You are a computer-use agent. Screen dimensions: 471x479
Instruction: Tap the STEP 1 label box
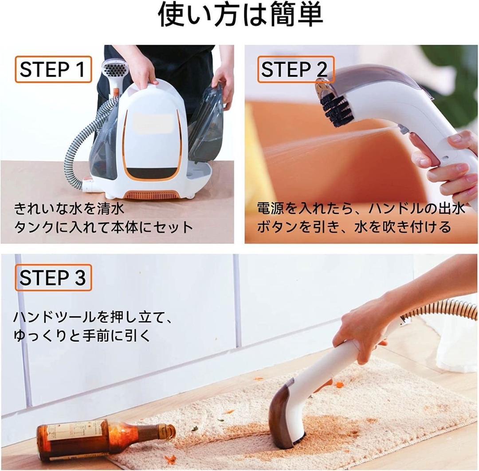(53, 70)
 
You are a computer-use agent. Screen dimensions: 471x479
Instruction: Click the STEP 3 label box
(53, 278)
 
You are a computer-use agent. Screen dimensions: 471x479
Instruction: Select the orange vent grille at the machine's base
(153, 195)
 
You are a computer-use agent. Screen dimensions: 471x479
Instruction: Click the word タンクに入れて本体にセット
(104, 227)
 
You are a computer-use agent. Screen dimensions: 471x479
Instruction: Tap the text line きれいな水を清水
(69, 208)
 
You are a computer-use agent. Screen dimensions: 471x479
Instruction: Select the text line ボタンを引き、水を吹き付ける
(354, 227)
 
